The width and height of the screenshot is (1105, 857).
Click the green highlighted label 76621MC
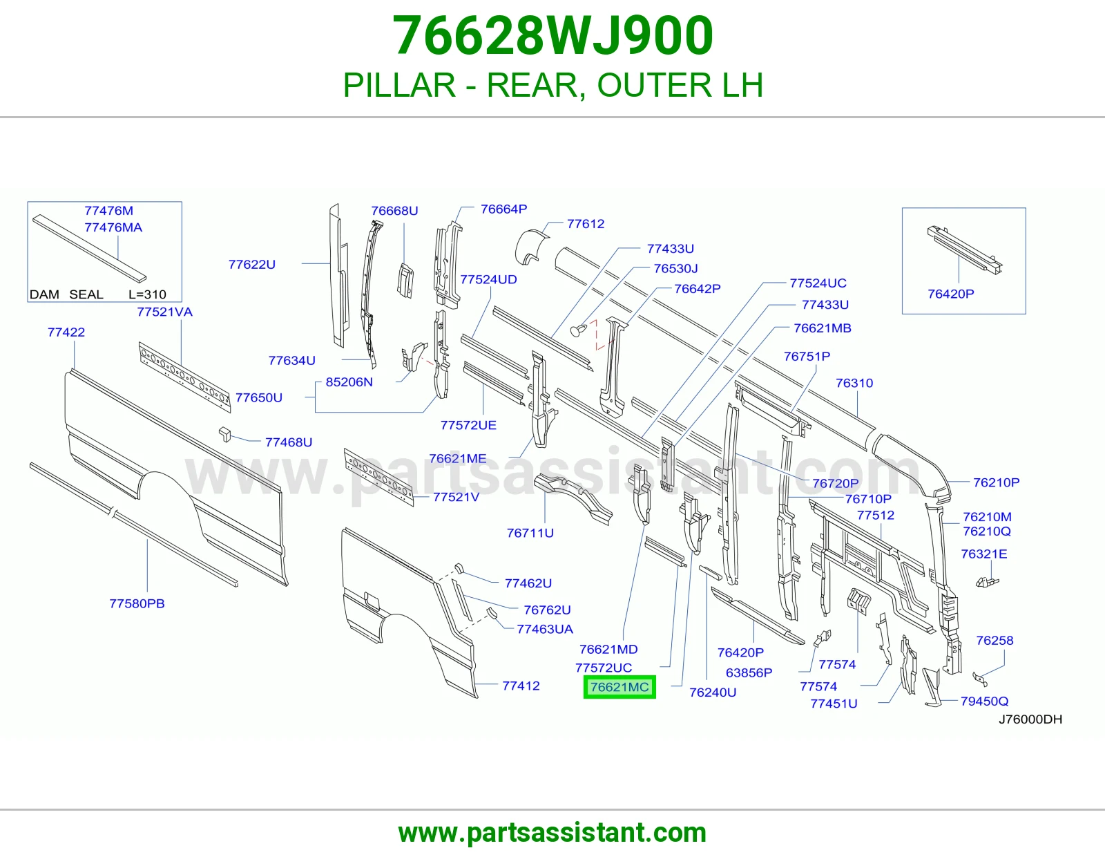click(x=619, y=687)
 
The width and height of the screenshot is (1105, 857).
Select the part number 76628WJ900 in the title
click(x=552, y=35)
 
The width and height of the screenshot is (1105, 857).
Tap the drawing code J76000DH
click(x=1030, y=719)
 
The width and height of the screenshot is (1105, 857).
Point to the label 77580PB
click(x=137, y=603)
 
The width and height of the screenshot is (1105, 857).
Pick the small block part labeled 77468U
click(x=224, y=435)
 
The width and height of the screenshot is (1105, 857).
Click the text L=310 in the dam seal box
click(x=147, y=294)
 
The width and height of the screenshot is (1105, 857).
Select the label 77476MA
click(x=113, y=227)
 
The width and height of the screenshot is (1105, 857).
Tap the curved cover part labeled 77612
click(x=531, y=247)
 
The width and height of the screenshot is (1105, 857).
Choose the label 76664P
click(x=503, y=209)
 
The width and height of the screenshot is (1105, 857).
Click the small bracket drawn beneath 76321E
click(x=987, y=582)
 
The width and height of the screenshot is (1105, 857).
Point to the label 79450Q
click(x=984, y=701)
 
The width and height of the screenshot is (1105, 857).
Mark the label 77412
click(x=521, y=686)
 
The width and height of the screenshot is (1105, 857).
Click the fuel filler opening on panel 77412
click(x=372, y=601)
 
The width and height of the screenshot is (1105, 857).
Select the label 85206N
click(x=349, y=382)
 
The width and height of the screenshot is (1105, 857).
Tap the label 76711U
click(x=530, y=533)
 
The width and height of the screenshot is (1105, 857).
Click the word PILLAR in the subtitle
click(x=399, y=85)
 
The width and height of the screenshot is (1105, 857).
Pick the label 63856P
click(x=749, y=672)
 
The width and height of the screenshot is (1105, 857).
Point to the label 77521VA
click(x=165, y=312)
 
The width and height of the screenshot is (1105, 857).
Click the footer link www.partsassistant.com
click(x=552, y=833)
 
